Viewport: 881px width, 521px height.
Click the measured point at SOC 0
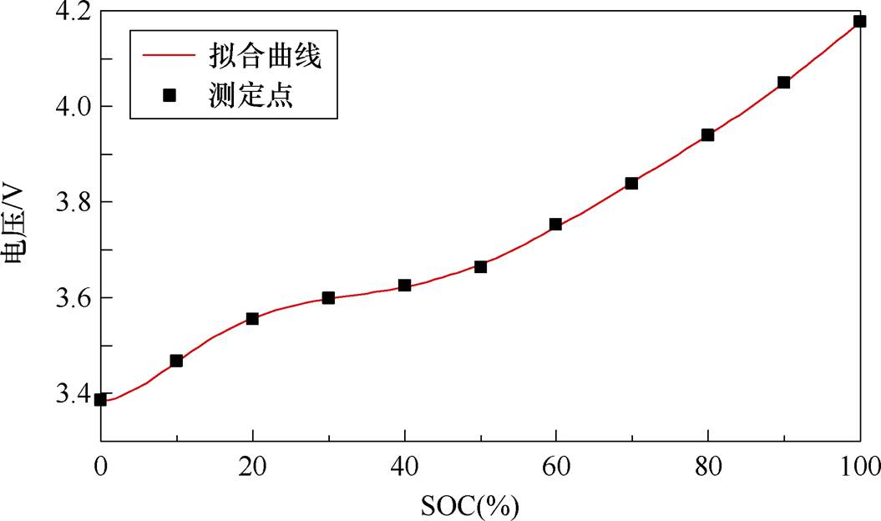pos(100,399)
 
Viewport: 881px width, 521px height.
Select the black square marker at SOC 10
pos(176,361)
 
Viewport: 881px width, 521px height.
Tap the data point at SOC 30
pos(328,297)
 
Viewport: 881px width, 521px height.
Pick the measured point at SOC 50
pos(480,266)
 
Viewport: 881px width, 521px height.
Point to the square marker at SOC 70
pos(631,183)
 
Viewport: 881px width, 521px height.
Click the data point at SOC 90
pos(783,82)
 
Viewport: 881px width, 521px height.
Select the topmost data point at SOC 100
pos(859,22)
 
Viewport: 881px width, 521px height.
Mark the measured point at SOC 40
pos(404,285)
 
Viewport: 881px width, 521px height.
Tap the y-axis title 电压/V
pos(18,225)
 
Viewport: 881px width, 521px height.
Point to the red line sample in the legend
pos(169,58)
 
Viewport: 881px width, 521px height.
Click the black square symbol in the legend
pos(169,95)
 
